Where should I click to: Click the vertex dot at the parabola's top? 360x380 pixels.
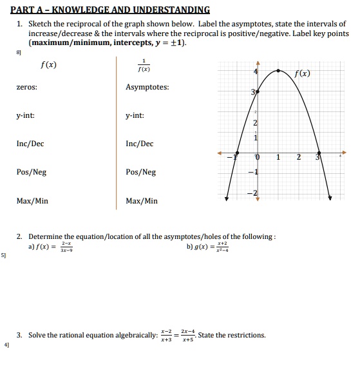pos(278,71)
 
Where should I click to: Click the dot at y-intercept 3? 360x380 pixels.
pos(258,92)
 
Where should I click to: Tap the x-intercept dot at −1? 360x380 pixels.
pos(236,154)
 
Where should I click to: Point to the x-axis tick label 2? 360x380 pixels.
pos(298,157)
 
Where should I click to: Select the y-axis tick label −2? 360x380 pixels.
pos(253,194)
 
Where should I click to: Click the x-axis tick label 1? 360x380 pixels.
pos(278,157)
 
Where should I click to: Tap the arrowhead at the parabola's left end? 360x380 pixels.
pos(226,198)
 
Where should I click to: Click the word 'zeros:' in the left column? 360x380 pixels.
pos(26,87)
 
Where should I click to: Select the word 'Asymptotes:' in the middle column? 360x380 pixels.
pos(147,87)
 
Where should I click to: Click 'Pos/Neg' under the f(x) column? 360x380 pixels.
pos(32,172)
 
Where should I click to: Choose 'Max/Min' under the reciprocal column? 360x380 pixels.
pos(142,201)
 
